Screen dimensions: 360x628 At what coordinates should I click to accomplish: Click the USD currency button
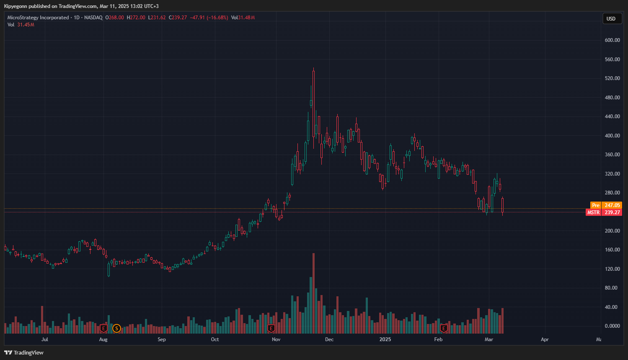[611, 18]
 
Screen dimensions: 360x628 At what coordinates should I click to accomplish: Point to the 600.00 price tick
[612, 40]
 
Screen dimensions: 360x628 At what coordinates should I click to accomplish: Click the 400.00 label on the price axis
[612, 136]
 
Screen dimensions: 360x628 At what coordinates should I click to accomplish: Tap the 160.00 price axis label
[612, 250]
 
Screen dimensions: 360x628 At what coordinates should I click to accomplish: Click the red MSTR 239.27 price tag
[604, 212]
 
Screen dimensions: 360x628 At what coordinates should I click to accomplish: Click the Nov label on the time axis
[276, 339]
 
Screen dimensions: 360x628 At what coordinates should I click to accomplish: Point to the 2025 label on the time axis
[385, 339]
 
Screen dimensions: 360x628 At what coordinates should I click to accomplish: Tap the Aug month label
[103, 339]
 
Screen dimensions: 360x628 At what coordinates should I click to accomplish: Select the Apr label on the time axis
[545, 339]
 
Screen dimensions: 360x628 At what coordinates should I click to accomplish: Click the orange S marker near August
[116, 329]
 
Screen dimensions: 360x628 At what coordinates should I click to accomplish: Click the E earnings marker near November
[271, 329]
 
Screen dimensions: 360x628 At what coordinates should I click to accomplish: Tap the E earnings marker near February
[444, 329]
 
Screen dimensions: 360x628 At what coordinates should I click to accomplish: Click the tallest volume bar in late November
[313, 293]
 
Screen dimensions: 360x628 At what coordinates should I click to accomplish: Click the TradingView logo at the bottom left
[24, 352]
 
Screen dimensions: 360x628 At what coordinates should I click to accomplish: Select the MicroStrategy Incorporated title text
[38, 18]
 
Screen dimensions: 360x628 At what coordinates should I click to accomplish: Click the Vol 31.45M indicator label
[21, 25]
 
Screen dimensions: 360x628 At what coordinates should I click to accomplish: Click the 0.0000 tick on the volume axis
[612, 326]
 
